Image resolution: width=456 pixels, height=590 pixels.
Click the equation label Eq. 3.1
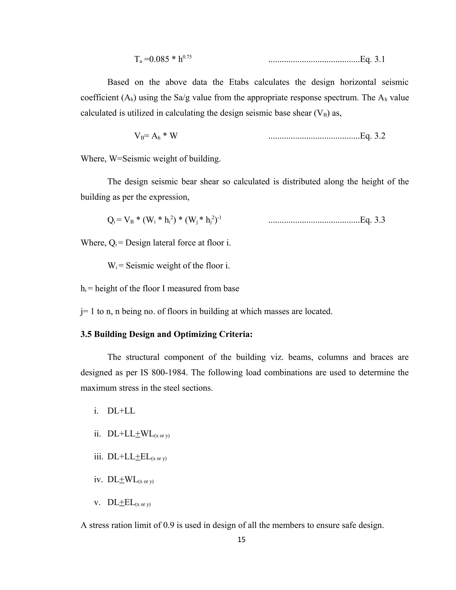(x=373, y=59)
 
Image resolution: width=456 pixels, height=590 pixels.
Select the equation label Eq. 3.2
(x=373, y=136)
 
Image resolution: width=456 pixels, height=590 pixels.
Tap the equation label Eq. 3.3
(x=373, y=220)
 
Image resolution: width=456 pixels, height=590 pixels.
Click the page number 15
(x=241, y=539)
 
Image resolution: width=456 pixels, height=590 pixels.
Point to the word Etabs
(x=238, y=82)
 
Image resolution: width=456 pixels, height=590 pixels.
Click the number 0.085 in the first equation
(x=159, y=59)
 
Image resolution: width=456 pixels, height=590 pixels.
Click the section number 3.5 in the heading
(x=86, y=334)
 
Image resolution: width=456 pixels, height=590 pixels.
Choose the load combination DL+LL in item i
(x=121, y=411)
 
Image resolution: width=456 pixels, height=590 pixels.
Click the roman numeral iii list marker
(x=99, y=457)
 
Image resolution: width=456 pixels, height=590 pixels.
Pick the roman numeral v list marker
(x=97, y=502)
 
